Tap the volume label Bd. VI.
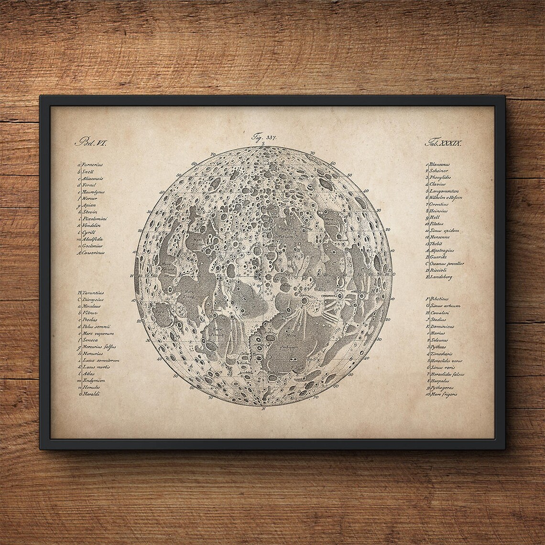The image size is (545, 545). tap(87, 142)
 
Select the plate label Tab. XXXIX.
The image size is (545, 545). tap(442, 142)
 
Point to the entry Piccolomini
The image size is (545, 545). tap(96, 218)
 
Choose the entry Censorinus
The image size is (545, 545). tap(93, 252)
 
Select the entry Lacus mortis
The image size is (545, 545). tap(97, 367)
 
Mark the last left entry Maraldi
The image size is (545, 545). tap(91, 394)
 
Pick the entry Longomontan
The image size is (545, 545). tap(443, 191)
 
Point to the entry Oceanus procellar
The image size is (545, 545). tap(446, 263)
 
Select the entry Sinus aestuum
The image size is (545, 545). tap(445, 305)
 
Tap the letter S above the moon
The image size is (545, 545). tap(263, 143)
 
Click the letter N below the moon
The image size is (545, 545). tap(263, 410)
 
